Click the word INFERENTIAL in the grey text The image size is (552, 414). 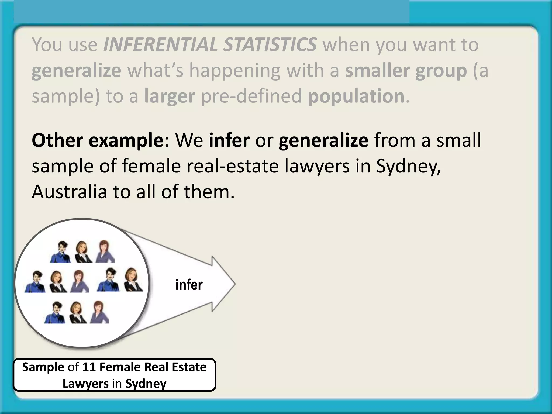click(x=160, y=44)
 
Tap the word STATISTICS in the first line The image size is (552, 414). click(x=270, y=44)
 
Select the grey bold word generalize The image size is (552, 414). click(x=76, y=71)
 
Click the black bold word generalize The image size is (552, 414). click(x=323, y=140)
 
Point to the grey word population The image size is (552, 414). click(x=356, y=96)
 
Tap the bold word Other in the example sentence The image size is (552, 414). click(x=57, y=140)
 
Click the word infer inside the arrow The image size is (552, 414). click(x=189, y=285)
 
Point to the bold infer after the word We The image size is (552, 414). click(x=229, y=140)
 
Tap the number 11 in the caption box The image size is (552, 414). click(x=89, y=367)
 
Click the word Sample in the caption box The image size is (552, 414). click(x=43, y=367)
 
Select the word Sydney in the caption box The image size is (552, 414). click(x=146, y=384)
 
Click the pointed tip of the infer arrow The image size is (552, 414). click(x=235, y=284)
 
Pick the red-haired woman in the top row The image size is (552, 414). click(x=105, y=251)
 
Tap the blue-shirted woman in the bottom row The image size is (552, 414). click(x=55, y=313)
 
